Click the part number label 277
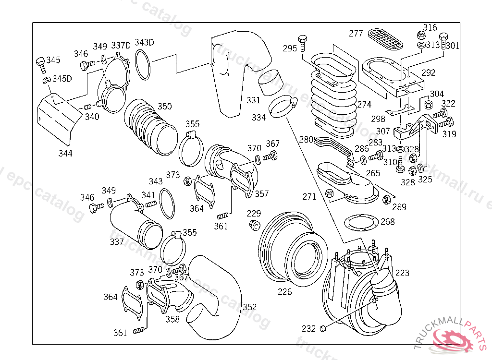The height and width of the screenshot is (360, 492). point(356,34)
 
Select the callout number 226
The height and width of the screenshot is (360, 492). point(285,291)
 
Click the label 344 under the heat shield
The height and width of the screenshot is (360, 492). point(65,154)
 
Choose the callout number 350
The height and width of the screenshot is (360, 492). point(165,106)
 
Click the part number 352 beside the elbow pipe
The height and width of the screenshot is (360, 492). point(249,307)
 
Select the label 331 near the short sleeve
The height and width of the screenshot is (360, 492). point(254,100)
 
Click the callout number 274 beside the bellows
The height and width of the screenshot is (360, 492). point(364,104)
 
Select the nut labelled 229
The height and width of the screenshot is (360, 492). point(255,226)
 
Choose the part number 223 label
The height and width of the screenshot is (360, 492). point(402,273)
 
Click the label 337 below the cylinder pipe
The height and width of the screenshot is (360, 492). point(117,242)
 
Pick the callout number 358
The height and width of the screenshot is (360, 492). point(172,319)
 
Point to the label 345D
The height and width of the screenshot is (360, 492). point(62,78)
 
